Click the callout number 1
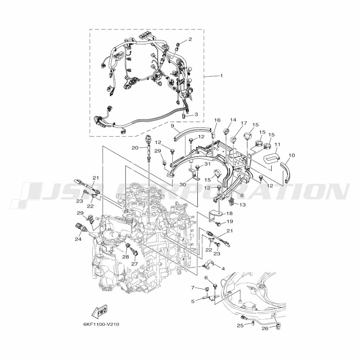click(x=221, y=76)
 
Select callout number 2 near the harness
click(x=190, y=39)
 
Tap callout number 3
click(x=196, y=114)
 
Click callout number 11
click(x=277, y=144)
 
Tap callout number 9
click(x=172, y=126)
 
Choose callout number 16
click(x=217, y=120)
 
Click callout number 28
click(x=126, y=257)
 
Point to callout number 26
click(x=265, y=328)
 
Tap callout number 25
click(x=240, y=325)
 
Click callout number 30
click(x=183, y=184)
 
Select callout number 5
click(x=193, y=301)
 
